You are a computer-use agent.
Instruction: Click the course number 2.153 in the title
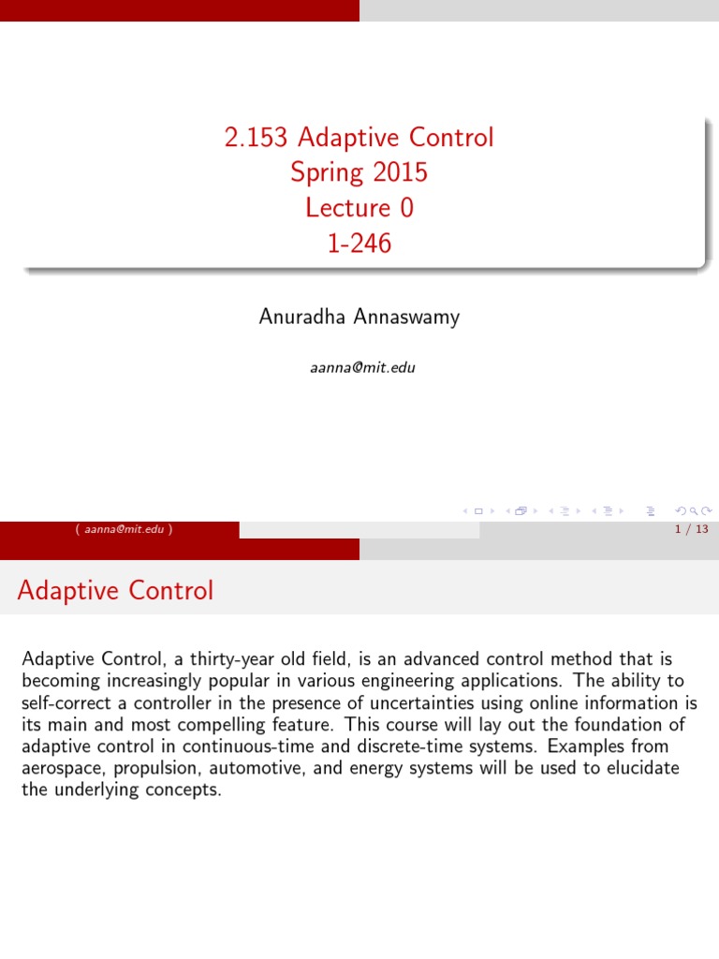tap(257, 139)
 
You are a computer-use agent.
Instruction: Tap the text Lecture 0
tap(359, 208)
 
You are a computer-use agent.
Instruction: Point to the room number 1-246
tap(359, 243)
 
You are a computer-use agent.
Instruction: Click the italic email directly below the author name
tap(362, 367)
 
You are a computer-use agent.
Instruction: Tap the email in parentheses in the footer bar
tap(125, 529)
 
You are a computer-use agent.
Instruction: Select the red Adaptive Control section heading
tap(115, 591)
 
